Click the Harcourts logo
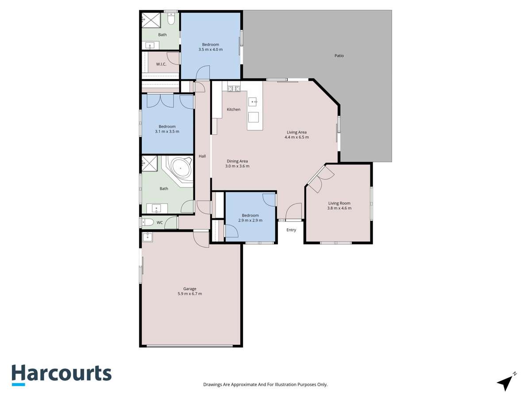(61, 375)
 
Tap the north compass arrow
(505, 382)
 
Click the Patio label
(339, 56)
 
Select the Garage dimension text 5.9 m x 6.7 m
(189, 294)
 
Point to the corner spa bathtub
(181, 169)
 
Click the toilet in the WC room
(147, 222)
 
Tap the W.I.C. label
(161, 64)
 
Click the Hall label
(202, 156)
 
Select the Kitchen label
(234, 109)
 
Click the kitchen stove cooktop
(233, 89)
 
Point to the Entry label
(291, 230)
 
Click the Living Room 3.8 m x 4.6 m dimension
(339, 208)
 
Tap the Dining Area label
(237, 161)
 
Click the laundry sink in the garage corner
(147, 237)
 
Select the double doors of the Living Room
(319, 179)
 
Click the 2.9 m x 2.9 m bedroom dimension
(250, 221)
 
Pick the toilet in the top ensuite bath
(171, 19)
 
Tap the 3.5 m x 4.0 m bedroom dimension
(210, 50)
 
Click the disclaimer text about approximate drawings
(265, 385)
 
